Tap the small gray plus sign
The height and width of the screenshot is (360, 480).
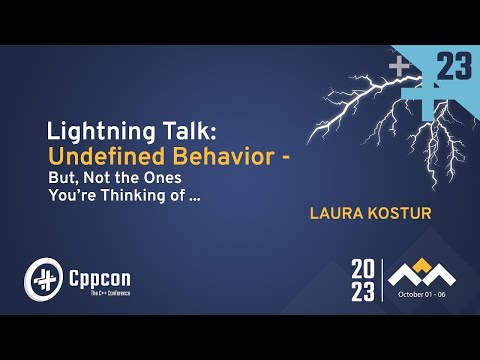[x=399, y=66]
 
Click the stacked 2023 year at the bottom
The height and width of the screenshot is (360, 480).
[x=363, y=280]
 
